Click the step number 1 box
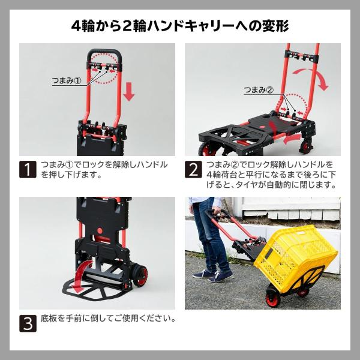pyautogui.click(x=28, y=169)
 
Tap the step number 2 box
pyautogui.click(x=193, y=169)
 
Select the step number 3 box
pyautogui.click(x=28, y=323)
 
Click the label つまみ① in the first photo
pyautogui.click(x=67, y=80)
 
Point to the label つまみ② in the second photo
pyautogui.click(x=259, y=90)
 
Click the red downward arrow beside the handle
pyautogui.click(x=129, y=92)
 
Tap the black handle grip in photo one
pyautogui.click(x=104, y=53)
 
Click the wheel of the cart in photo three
pyautogui.click(x=139, y=276)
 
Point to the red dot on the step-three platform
pyautogui.click(x=100, y=231)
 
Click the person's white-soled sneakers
pyautogui.click(x=212, y=275)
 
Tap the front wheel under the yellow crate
pyautogui.click(x=273, y=299)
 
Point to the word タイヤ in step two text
pyautogui.click(x=248, y=185)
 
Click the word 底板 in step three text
pyautogui.click(x=49, y=318)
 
